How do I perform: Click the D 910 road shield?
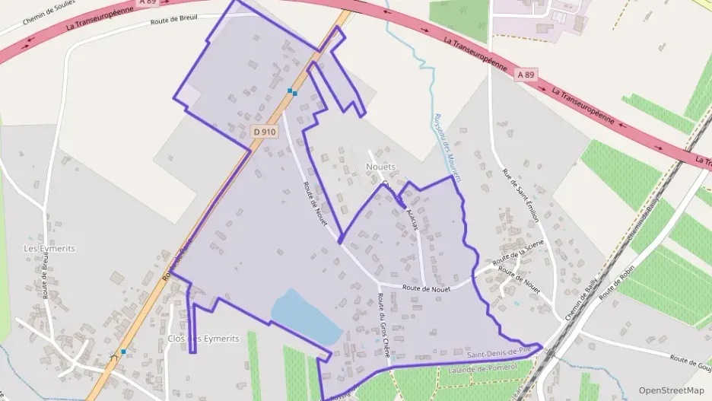coord(265,132)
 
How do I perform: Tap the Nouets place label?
coord(381,167)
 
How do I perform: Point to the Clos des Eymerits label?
coord(203,339)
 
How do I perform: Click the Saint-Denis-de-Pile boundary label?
coord(497,352)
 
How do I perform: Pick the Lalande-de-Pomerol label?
coord(482,368)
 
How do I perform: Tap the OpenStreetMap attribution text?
coord(671,390)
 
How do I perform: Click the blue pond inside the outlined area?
coord(305,317)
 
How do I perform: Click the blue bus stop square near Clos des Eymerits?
coord(123,352)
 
